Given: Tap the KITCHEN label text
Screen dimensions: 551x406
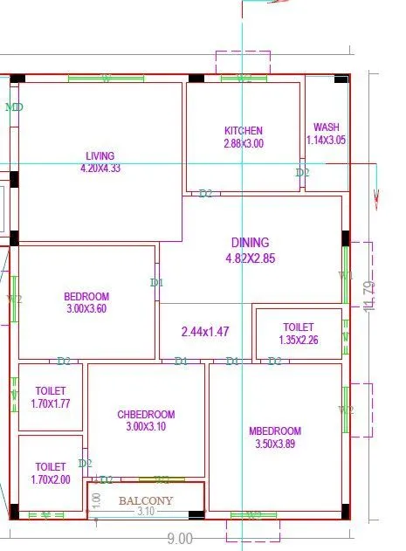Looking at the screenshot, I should click(x=243, y=131).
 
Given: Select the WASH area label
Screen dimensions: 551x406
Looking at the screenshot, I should click(x=327, y=127).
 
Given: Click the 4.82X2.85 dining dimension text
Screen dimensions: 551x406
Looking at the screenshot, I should click(x=250, y=258).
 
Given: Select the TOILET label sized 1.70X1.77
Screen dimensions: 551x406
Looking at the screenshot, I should click(x=51, y=391).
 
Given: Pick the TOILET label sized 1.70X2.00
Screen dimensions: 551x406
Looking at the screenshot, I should click(x=51, y=467).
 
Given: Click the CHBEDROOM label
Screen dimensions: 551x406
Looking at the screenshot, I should click(x=146, y=414).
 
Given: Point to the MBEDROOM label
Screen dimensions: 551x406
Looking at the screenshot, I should click(x=274, y=431).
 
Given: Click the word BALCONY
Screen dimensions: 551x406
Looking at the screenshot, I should click(x=146, y=500).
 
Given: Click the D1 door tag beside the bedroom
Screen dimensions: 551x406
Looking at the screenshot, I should click(x=157, y=283).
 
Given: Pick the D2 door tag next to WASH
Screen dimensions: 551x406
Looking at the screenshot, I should click(x=302, y=173).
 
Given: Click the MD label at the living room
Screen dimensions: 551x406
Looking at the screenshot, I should click(x=14, y=107).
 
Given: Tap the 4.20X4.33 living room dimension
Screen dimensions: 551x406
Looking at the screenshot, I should click(x=100, y=168).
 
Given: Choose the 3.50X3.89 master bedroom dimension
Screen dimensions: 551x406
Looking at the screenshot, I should click(x=274, y=444).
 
